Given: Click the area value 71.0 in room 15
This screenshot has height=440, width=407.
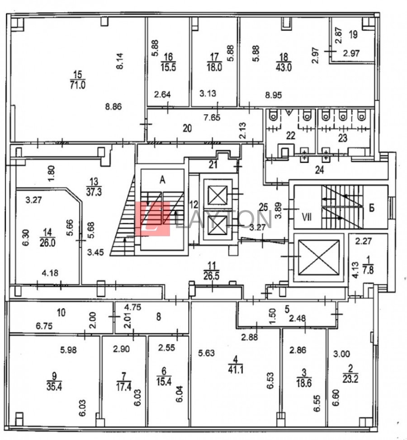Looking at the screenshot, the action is [x=78, y=84].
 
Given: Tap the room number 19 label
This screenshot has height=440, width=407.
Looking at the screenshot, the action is [x=353, y=34].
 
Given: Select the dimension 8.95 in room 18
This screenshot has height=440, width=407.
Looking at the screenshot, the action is [x=273, y=95].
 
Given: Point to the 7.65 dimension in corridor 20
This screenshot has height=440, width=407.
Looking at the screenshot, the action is [x=212, y=117].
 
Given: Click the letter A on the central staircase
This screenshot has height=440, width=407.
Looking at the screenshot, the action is [x=162, y=180].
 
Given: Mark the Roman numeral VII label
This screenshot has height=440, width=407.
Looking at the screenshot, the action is [x=307, y=217].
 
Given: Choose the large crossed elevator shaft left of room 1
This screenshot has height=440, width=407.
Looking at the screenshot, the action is [x=318, y=257].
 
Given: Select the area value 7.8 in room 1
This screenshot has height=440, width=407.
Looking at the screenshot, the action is [x=368, y=270].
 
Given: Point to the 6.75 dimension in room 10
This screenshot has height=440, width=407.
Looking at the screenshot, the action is [x=44, y=326].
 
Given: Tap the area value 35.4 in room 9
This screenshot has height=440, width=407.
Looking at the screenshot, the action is [x=54, y=386].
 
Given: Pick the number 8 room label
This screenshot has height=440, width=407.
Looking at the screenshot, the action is [x=159, y=317].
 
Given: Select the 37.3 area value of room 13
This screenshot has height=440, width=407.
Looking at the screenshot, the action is [x=94, y=192].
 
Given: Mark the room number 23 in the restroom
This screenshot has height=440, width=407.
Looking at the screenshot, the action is [x=343, y=138].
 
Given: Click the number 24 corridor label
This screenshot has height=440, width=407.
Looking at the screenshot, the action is [x=319, y=170].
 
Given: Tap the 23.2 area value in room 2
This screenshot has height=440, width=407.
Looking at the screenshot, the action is [x=350, y=379].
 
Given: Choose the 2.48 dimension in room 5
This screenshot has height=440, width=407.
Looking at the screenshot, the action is [x=298, y=318].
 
